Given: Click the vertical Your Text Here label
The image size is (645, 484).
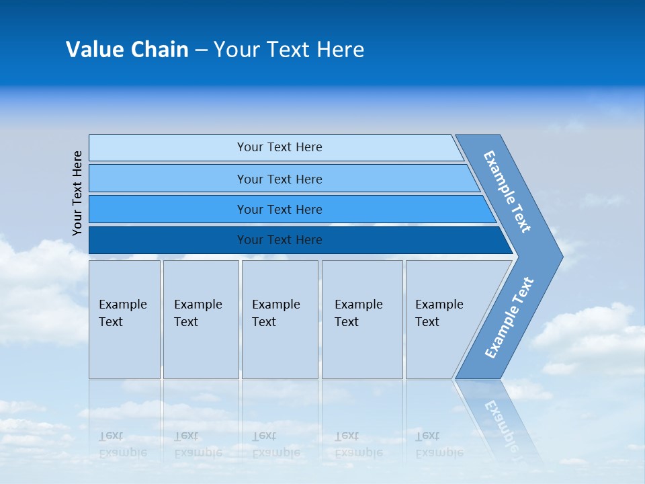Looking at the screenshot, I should (x=77, y=193).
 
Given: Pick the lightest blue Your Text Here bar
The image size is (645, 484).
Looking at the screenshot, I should (x=279, y=147).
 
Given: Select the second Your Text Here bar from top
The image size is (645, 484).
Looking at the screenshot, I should (x=279, y=179).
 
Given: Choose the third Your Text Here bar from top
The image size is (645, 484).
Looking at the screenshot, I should (x=279, y=209).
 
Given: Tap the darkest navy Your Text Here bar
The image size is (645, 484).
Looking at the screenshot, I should (x=279, y=240).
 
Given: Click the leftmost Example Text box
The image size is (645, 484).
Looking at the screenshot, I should (x=124, y=319).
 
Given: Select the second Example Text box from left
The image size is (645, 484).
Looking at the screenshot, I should (x=200, y=319).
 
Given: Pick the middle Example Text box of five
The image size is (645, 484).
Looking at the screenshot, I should (x=279, y=319).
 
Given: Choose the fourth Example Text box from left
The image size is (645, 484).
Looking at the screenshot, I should (x=362, y=319).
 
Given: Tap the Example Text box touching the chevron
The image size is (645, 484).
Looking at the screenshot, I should (x=443, y=319).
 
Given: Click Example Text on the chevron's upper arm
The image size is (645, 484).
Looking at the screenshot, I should (x=507, y=192).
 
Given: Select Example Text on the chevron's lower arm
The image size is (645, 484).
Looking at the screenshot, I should (x=509, y=317).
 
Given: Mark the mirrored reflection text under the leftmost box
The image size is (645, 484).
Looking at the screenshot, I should (x=122, y=444).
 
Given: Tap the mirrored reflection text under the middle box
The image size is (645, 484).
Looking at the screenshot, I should (x=275, y=444).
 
